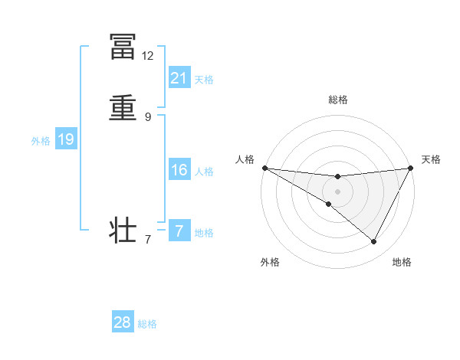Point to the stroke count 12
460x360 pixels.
pyautogui.click(x=148, y=56)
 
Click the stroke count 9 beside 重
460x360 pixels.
pyautogui.click(x=148, y=117)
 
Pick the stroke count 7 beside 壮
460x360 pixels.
pyautogui.click(x=148, y=241)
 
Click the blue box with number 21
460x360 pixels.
pyautogui.click(x=179, y=77)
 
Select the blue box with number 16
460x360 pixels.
pyautogui.click(x=179, y=169)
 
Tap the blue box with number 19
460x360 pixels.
pyautogui.click(x=66, y=139)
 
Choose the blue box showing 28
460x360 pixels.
pyautogui.click(x=123, y=322)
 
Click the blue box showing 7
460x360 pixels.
pyautogui.click(x=179, y=231)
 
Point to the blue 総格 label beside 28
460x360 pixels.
pyautogui.click(x=147, y=324)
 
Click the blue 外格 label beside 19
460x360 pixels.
pyautogui.click(x=41, y=141)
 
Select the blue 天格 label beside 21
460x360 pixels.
pyautogui.click(x=204, y=79)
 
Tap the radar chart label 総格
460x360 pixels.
pyautogui.click(x=337, y=100)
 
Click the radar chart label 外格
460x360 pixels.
pyautogui.click(x=270, y=262)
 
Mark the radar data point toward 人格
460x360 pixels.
pyautogui.click(x=264, y=168)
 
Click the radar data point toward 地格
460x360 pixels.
pyautogui.click(x=374, y=242)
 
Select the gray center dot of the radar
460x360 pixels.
pyautogui.click(x=337, y=191)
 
